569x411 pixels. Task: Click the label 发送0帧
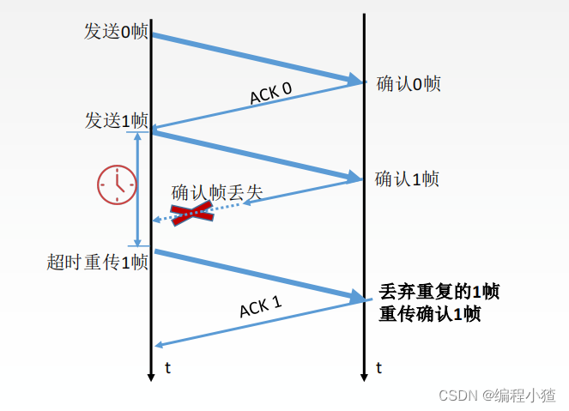(116, 32)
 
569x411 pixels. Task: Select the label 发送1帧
(116, 121)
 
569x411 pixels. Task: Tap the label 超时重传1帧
(98, 263)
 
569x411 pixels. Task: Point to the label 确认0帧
(409, 84)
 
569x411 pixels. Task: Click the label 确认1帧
(407, 179)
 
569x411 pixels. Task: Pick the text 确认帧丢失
(216, 192)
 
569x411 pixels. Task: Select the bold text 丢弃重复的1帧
(439, 291)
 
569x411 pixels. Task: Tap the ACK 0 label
(270, 93)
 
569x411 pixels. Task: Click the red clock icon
(116, 184)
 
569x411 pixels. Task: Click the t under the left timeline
(167, 368)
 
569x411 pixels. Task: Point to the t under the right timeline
(378, 368)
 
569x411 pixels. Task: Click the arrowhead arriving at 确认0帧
(356, 81)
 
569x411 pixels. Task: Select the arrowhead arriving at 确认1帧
(354, 178)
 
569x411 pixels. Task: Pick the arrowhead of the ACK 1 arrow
(159, 345)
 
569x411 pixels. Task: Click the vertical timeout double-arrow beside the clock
(138, 189)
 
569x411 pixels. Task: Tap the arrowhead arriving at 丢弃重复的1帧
(357, 298)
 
